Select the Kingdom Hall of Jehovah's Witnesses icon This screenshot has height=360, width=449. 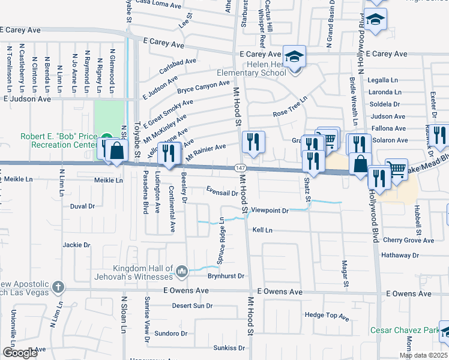coord(182,272)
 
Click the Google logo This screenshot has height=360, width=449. coord(20,353)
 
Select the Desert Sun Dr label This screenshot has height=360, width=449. coord(192,305)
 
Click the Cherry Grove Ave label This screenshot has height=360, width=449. coord(408,240)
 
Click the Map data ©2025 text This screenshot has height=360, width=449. coord(424,355)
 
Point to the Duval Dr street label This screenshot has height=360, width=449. coord(83,206)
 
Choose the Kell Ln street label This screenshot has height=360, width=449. coord(262,230)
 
